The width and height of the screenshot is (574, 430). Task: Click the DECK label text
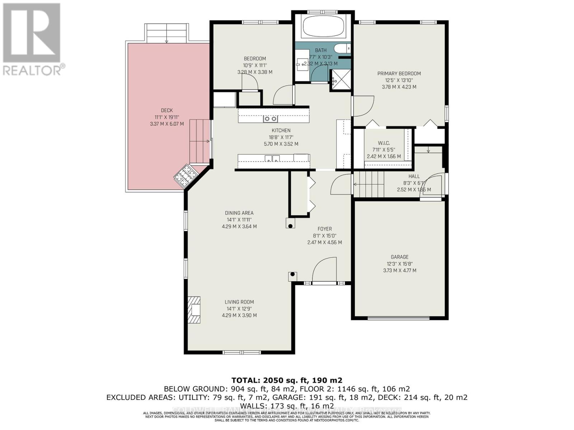coord(167,110)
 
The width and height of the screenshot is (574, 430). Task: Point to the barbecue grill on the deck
coord(185,176)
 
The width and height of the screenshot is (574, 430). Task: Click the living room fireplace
coord(194,310)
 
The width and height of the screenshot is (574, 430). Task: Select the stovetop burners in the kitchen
coord(270,119)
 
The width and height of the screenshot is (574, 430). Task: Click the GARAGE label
coord(400,257)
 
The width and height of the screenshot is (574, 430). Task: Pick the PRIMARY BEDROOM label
coord(399,73)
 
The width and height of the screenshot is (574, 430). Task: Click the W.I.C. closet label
coord(384,143)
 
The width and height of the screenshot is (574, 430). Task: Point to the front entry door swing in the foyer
coord(324,271)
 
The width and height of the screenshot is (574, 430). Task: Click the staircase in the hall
coord(369,184)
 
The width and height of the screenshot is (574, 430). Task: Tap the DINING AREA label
coord(239,213)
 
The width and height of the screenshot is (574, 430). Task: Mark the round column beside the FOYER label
coord(290,226)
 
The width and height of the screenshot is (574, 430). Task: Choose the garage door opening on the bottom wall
coord(399,317)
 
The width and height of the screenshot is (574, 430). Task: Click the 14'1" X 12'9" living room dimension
coord(239,309)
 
